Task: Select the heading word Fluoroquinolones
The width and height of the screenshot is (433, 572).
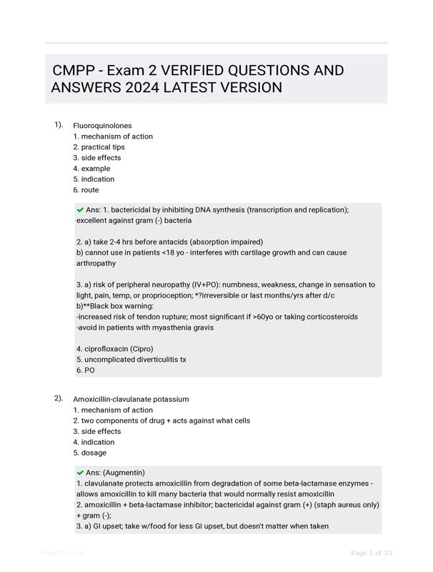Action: pos(102,126)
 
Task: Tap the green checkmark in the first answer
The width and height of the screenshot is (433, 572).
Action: pos(80,209)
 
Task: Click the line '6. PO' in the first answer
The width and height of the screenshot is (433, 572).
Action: pos(85,370)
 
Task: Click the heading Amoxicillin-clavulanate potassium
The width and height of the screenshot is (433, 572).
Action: pos(131,399)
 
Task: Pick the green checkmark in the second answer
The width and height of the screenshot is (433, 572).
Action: pos(80,473)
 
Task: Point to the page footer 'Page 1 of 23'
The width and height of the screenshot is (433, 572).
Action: pos(372,553)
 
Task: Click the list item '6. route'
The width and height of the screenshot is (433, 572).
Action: pos(86,190)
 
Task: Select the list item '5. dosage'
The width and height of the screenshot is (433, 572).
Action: pos(89,453)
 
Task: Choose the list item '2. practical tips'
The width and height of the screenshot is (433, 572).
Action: pos(99,147)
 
